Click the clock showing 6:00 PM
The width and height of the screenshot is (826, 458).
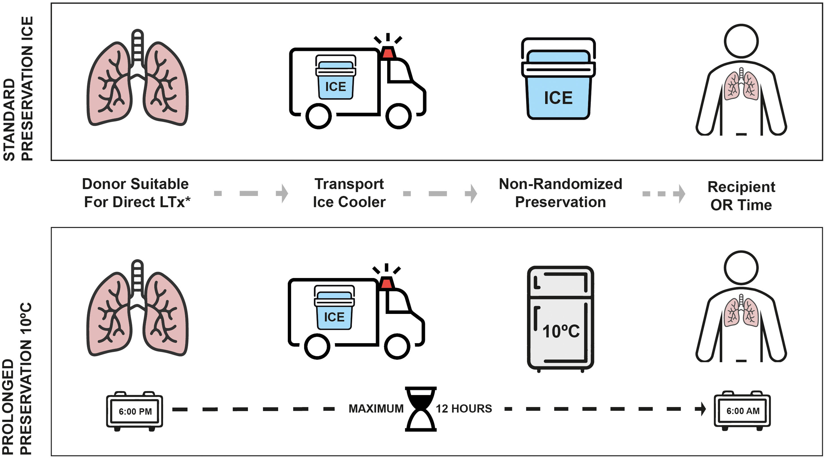pos(135,411)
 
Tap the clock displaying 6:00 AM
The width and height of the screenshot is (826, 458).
pos(742,411)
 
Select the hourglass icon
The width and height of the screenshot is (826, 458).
pos(421,409)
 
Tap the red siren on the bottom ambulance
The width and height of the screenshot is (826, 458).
pos(386,283)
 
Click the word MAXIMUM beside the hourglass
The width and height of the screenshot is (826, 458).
pos(376,409)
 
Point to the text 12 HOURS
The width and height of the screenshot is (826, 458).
pos(464,409)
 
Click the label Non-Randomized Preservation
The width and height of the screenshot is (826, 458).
pos(560,193)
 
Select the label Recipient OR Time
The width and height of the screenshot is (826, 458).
pos(741,196)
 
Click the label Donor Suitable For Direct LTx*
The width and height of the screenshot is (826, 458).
pos(136,193)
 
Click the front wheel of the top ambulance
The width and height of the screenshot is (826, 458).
pos(398,116)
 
